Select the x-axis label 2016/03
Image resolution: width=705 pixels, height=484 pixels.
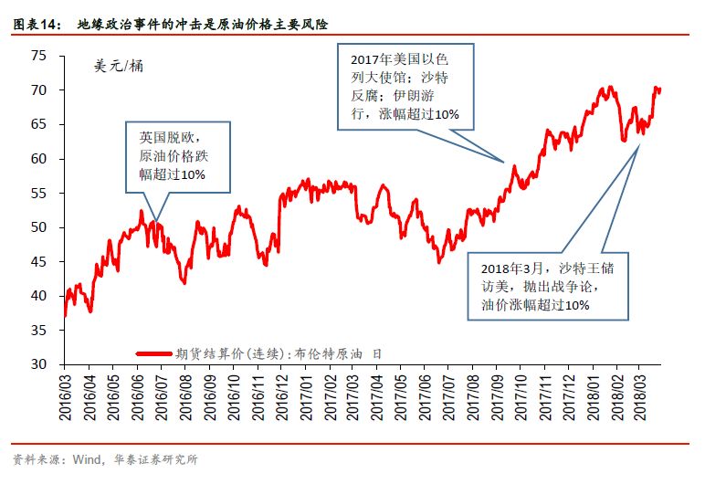click(x=66, y=395)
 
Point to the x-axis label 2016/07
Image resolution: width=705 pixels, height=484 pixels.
click(x=162, y=395)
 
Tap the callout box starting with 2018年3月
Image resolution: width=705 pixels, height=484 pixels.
click(x=547, y=286)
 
